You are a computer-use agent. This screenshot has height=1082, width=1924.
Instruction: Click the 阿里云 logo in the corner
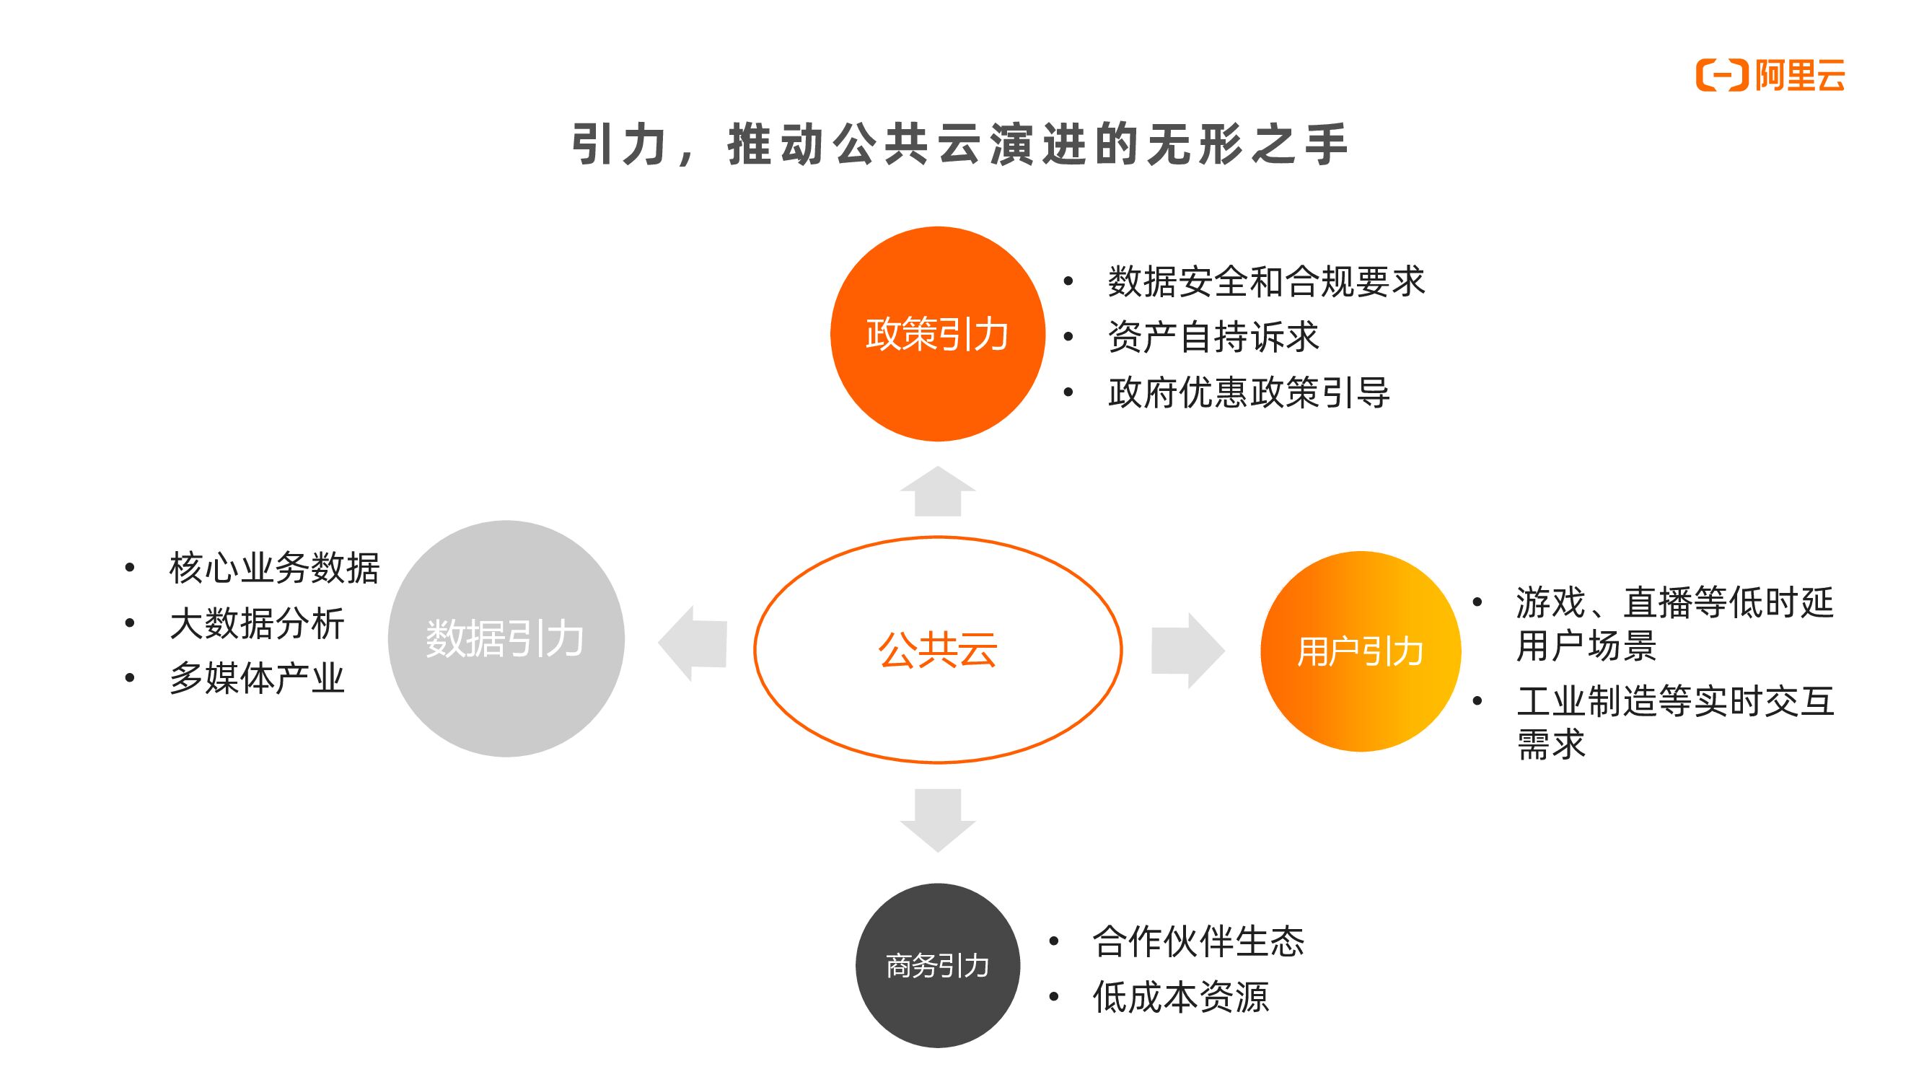[1770, 76]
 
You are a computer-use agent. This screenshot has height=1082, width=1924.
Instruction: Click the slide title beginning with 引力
[960, 144]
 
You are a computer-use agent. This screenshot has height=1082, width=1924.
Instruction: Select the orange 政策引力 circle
[937, 334]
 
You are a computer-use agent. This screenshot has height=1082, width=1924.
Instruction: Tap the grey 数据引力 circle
[506, 638]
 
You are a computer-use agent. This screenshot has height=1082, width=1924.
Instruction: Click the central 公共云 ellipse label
[937, 650]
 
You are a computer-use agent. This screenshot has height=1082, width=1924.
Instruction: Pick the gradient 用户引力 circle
[1360, 651]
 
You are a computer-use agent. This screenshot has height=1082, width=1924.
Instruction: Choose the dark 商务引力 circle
[937, 966]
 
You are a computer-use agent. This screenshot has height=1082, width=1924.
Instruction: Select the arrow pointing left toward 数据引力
[693, 643]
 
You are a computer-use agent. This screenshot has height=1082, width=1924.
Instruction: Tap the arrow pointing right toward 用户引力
[1187, 650]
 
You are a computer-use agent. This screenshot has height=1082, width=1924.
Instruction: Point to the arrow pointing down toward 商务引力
[937, 820]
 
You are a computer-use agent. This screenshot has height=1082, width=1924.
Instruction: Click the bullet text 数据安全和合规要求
[1266, 281]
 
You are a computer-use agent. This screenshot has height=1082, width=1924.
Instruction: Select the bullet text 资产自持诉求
[1213, 337]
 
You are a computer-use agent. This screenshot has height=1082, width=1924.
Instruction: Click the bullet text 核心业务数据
[274, 568]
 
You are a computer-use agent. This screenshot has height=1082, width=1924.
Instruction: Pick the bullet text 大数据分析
[257, 623]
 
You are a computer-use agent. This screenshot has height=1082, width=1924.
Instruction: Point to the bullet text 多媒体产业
[257, 678]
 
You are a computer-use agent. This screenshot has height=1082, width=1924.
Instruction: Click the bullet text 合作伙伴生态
[1198, 941]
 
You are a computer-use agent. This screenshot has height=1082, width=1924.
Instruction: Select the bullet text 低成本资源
[1180, 997]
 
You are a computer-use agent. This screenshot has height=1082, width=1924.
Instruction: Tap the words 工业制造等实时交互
[1675, 701]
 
